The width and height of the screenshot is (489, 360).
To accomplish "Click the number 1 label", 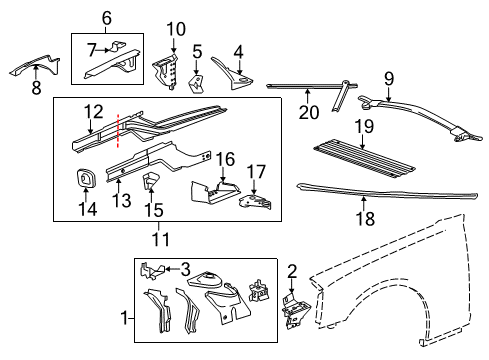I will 125,319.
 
